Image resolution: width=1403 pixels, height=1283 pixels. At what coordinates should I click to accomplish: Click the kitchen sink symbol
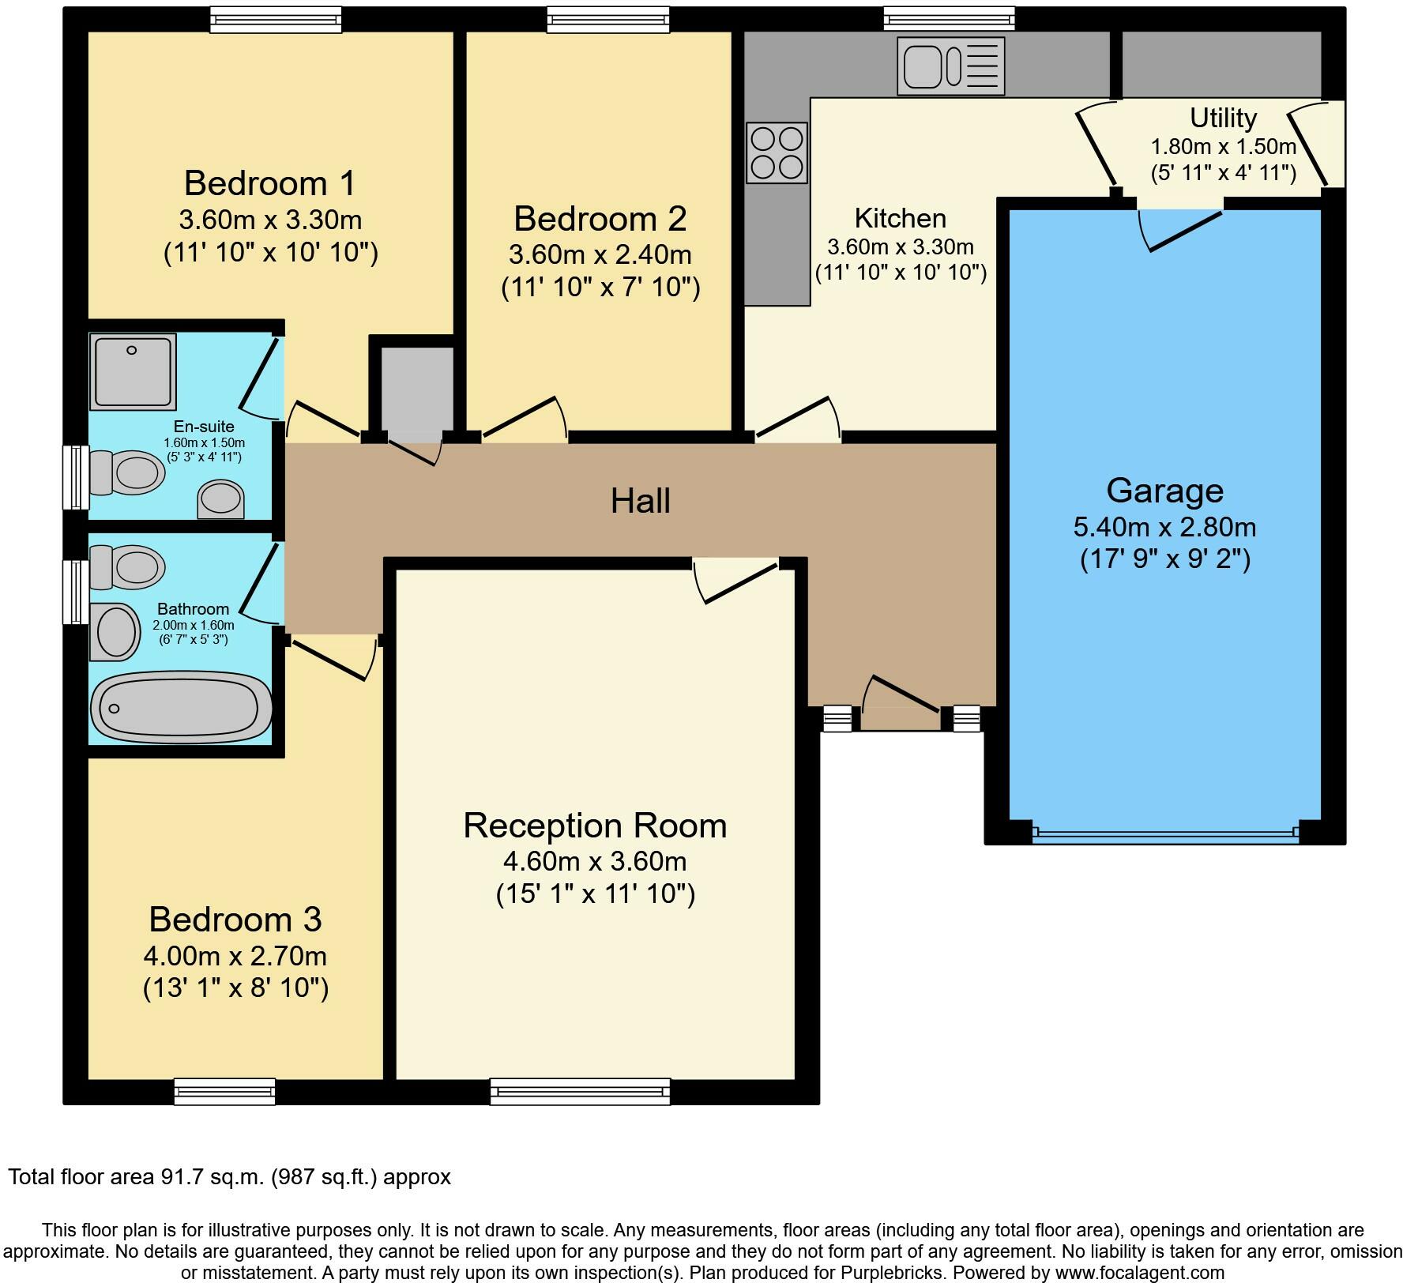pos(950,66)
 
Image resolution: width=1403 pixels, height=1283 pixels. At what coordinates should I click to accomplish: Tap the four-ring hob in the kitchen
pos(777,152)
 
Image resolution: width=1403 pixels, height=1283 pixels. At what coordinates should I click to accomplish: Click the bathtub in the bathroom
pos(180,708)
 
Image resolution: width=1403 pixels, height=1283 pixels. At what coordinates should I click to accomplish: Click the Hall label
pos(640,501)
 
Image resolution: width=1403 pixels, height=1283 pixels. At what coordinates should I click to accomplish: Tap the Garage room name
pos(1164,491)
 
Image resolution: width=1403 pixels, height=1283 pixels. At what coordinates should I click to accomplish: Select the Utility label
pos(1223,118)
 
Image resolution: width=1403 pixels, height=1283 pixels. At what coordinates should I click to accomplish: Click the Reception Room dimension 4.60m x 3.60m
pos(594,861)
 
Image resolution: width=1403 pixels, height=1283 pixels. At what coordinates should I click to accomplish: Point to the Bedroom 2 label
pos(600,218)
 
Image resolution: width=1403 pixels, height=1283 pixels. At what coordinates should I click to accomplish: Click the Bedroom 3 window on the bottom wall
pos(224,1091)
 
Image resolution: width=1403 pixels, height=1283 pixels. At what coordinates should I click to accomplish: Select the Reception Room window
pos(580,1092)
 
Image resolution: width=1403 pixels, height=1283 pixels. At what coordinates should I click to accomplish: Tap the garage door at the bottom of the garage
pos(1164,831)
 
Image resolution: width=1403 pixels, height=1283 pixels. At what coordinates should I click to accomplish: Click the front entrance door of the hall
pos(901,695)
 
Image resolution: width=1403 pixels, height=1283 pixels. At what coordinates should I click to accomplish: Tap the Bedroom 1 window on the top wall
pos(276,20)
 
